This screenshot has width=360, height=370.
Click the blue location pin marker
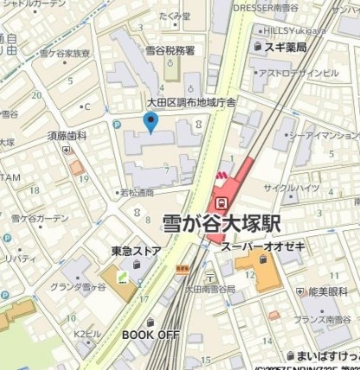(x=152, y=123)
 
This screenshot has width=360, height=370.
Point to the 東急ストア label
(x=136, y=252)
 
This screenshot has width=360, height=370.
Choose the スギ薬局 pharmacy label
(x=285, y=47)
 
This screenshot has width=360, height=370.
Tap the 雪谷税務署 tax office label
(x=170, y=50)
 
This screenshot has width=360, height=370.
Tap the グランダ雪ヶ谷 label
(x=83, y=287)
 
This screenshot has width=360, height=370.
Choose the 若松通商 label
(x=137, y=193)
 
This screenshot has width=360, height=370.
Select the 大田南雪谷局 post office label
(x=210, y=288)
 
